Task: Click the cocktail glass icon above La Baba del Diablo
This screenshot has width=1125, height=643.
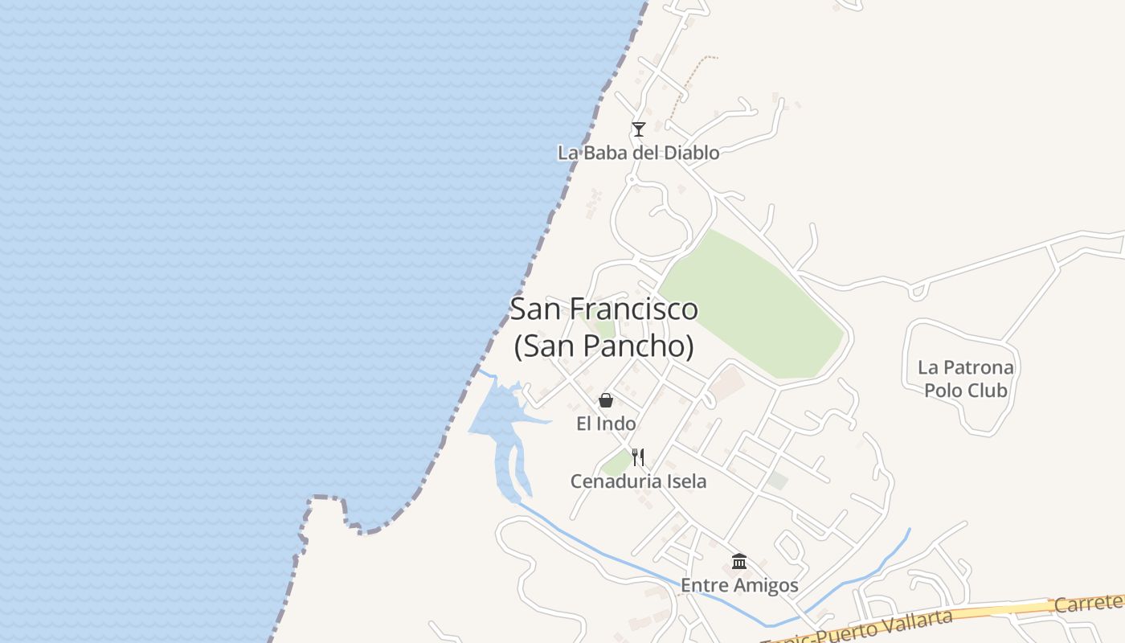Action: (x=638, y=129)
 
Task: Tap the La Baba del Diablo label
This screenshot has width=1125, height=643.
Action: (x=638, y=152)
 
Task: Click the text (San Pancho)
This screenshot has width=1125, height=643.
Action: (x=603, y=346)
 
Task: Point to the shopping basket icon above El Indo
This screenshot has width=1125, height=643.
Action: (x=606, y=400)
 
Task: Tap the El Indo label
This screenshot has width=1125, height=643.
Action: (x=606, y=424)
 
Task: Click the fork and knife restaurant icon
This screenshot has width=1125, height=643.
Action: (x=638, y=457)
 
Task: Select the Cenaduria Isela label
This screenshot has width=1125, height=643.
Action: (x=638, y=481)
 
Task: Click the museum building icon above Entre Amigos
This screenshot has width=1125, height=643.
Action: (x=739, y=561)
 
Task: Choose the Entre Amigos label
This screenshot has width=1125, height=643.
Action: (x=739, y=585)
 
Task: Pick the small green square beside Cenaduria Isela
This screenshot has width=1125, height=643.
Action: (x=617, y=463)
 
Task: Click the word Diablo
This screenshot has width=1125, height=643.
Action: (x=688, y=152)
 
